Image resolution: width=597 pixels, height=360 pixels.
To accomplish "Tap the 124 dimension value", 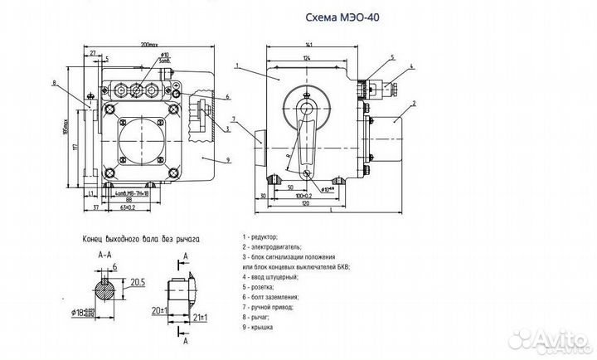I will (308, 57).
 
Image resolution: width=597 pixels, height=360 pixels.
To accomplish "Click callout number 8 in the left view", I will (54, 83).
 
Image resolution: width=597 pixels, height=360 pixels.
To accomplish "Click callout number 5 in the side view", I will (391, 56).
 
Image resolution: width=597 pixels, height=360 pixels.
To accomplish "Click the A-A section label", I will (104, 255).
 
